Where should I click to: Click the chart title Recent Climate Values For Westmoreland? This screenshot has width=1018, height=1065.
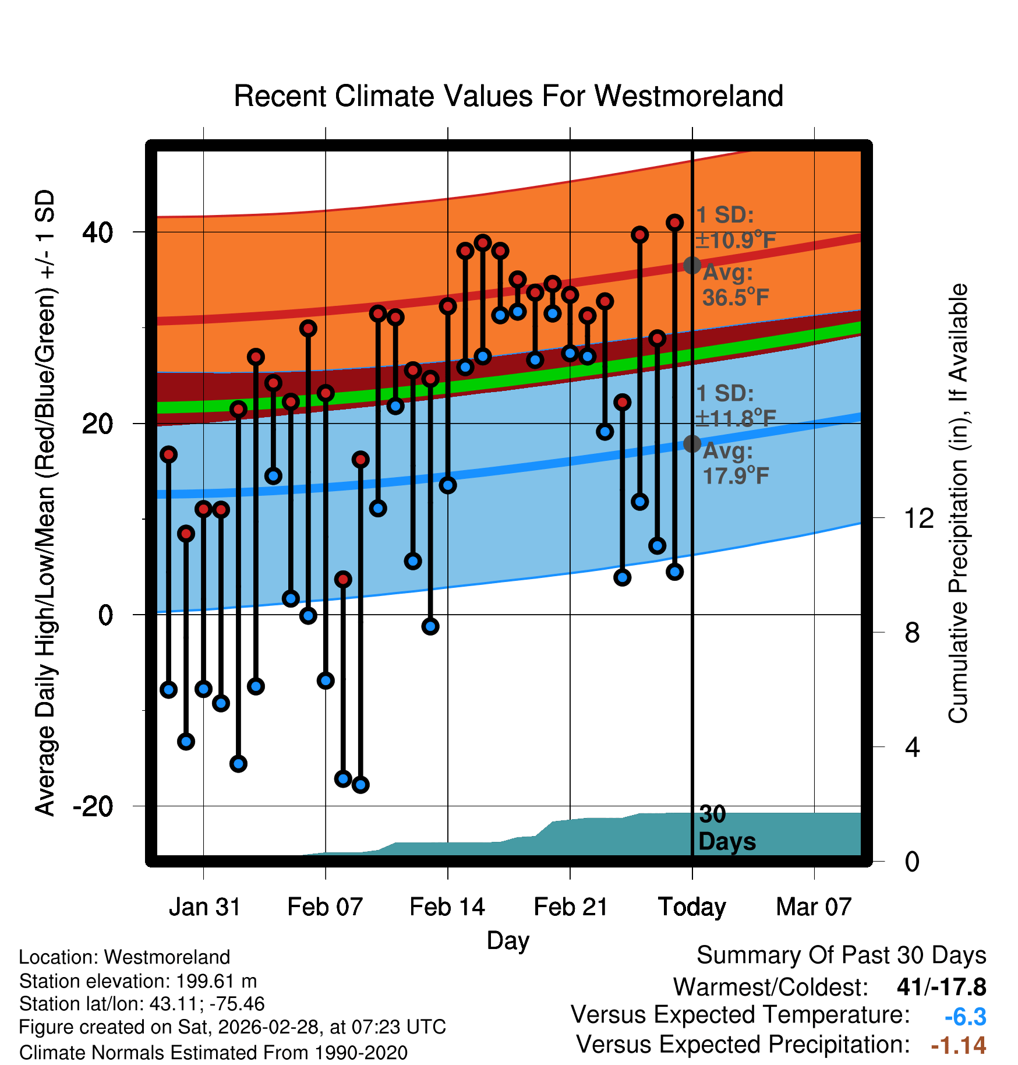click(508, 96)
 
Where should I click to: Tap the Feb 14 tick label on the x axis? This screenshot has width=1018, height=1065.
click(447, 907)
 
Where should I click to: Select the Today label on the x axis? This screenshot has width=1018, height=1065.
click(692, 907)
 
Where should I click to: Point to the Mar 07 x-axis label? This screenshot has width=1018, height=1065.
click(814, 907)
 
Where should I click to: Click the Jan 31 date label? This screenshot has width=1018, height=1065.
click(204, 907)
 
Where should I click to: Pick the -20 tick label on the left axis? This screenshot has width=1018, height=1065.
click(93, 806)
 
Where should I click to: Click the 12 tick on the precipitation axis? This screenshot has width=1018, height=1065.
click(918, 518)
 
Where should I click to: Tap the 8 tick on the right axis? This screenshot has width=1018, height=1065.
click(912, 633)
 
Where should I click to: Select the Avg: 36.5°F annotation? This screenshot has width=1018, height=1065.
click(735, 285)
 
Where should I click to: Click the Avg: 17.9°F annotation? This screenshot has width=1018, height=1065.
click(735, 464)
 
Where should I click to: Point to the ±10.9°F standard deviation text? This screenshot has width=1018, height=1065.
click(736, 240)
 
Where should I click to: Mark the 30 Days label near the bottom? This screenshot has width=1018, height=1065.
click(726, 828)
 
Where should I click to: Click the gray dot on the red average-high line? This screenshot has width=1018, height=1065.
click(692, 265)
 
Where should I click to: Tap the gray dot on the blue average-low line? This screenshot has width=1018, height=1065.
click(692, 444)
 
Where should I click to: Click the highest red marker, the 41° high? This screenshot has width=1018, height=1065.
click(674, 223)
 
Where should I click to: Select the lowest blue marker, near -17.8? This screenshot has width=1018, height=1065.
click(360, 785)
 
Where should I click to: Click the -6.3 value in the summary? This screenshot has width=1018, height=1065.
click(965, 1017)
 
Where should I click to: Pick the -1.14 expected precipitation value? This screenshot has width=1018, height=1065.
click(958, 1045)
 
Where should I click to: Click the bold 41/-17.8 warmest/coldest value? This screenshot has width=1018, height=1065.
click(941, 987)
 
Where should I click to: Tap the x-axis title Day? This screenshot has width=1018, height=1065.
click(508, 941)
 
